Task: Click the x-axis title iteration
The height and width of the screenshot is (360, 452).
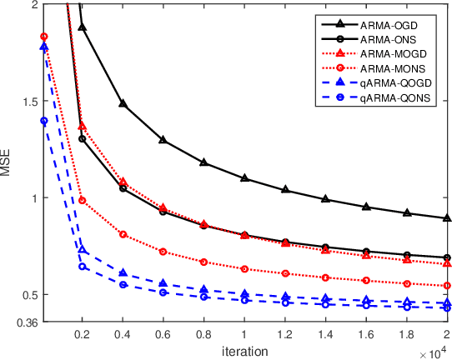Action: pyautogui.click(x=245, y=349)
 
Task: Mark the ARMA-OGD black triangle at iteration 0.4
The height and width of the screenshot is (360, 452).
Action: pyautogui.click(x=123, y=104)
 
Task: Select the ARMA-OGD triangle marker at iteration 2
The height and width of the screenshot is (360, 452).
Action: pyautogui.click(x=448, y=218)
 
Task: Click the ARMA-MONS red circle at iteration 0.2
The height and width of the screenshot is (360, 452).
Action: pyautogui.click(x=82, y=200)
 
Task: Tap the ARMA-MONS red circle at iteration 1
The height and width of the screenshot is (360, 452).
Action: pyautogui.click(x=244, y=269)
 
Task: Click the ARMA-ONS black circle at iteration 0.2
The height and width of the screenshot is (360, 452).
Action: pyautogui.click(x=82, y=138)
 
